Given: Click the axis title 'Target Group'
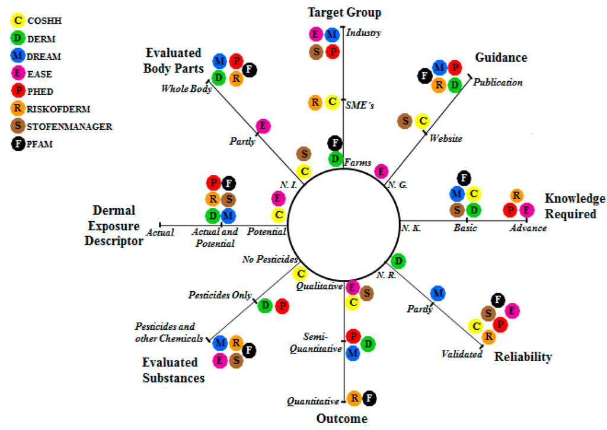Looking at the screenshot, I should point(344,12).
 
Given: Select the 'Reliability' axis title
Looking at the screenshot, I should point(523,357).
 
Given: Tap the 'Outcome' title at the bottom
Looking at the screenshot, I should point(341,419).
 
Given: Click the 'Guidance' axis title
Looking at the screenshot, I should point(501,58).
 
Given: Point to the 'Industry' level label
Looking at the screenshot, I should point(363,33).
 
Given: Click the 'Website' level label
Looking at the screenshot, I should point(446,138).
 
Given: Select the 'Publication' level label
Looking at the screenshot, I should point(498,82).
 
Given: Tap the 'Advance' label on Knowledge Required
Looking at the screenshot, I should point(528,228).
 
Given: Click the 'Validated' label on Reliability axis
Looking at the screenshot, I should point(462,354).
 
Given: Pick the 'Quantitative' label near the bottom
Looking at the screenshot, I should point(312,402).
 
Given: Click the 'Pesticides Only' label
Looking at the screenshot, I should point(220,295).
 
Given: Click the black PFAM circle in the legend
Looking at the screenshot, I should point(18,144).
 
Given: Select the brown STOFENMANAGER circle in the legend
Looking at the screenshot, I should point(18,126).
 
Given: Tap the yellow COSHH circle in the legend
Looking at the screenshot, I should point(18,20).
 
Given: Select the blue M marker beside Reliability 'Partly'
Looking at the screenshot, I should point(438,292).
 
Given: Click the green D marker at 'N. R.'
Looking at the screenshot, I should point(398,261).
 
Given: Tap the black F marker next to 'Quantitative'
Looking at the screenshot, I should point(369,398).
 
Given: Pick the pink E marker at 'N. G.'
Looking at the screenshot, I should point(382,171).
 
